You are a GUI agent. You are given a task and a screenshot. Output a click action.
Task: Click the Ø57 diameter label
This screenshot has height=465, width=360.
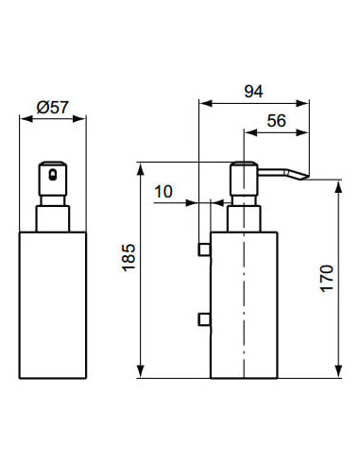point(52,109)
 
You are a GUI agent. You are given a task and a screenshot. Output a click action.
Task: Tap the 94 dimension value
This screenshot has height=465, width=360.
point(252,91)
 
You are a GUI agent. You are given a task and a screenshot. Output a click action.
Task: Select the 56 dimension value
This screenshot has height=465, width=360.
point(277,120)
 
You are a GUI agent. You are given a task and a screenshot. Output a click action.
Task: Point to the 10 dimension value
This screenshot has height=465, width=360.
point(163,192)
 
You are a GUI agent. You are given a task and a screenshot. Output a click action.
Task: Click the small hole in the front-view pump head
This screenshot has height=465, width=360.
point(53,175)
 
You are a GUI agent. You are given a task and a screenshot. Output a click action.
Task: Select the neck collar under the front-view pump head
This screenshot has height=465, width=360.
point(52,215)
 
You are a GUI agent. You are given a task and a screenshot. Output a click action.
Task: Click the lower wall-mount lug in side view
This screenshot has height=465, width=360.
point(203,319)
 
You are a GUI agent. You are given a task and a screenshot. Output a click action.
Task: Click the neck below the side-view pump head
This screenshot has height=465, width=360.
point(244,215)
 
